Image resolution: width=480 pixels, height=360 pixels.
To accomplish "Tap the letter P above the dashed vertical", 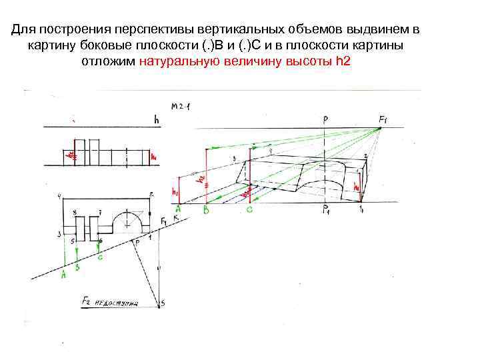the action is click(325, 120).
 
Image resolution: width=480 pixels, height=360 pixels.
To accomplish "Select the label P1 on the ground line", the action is click(327, 212).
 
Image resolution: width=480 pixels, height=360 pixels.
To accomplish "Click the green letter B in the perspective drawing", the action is click(206, 211).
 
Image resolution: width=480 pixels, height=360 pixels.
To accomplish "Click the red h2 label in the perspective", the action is click(200, 179).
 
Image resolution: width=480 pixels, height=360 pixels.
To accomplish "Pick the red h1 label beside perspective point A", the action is click(175, 192).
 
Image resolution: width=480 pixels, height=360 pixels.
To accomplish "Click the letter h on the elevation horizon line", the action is click(156, 120).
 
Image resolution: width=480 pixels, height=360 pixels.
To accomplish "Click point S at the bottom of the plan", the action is click(162, 304).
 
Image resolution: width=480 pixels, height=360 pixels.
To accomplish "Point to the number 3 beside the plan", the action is click(59, 234).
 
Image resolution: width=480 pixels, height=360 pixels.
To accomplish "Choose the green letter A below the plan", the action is click(64, 273).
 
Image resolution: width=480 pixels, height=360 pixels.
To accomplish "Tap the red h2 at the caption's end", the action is click(343, 61).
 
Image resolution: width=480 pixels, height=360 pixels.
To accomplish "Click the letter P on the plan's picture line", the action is click(138, 244).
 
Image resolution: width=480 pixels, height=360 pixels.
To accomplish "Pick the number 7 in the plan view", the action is click(99, 212).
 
